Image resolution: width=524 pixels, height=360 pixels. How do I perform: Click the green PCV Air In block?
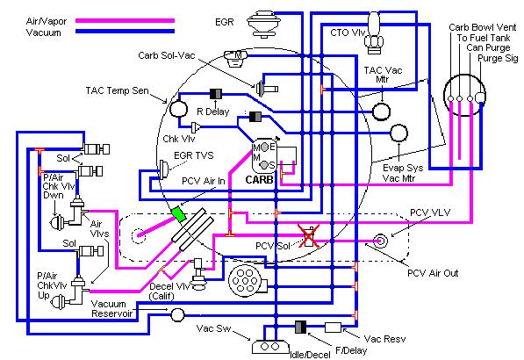point(178,214)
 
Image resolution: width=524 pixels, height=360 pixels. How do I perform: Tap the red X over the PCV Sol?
point(308,235)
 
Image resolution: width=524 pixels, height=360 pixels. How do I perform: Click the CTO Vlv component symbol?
point(373,32)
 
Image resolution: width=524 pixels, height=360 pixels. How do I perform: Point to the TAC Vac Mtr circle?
point(381,112)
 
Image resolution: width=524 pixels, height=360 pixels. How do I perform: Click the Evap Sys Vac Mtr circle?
point(398,133)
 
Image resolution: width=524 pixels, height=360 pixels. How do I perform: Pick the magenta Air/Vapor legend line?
point(125,21)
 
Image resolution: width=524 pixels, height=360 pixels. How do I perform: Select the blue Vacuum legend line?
point(125,32)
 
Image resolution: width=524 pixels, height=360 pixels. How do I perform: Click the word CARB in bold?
point(259,180)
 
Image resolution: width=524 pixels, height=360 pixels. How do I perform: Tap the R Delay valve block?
point(216,94)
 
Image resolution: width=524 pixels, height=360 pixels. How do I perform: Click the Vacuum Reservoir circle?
point(177,315)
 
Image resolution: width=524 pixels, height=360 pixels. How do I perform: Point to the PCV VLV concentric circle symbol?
point(380,241)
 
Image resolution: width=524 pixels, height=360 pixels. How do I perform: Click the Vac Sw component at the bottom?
point(270,347)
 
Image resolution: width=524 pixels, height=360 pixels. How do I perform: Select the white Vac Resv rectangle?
point(333,328)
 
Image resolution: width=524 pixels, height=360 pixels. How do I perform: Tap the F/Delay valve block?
point(300,328)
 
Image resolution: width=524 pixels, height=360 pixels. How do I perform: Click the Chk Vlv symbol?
point(196,127)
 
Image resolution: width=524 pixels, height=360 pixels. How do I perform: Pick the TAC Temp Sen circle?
point(178,109)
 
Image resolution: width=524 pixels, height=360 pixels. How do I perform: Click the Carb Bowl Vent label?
point(482,27)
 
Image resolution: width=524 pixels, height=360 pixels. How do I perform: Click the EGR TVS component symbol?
point(164,169)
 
